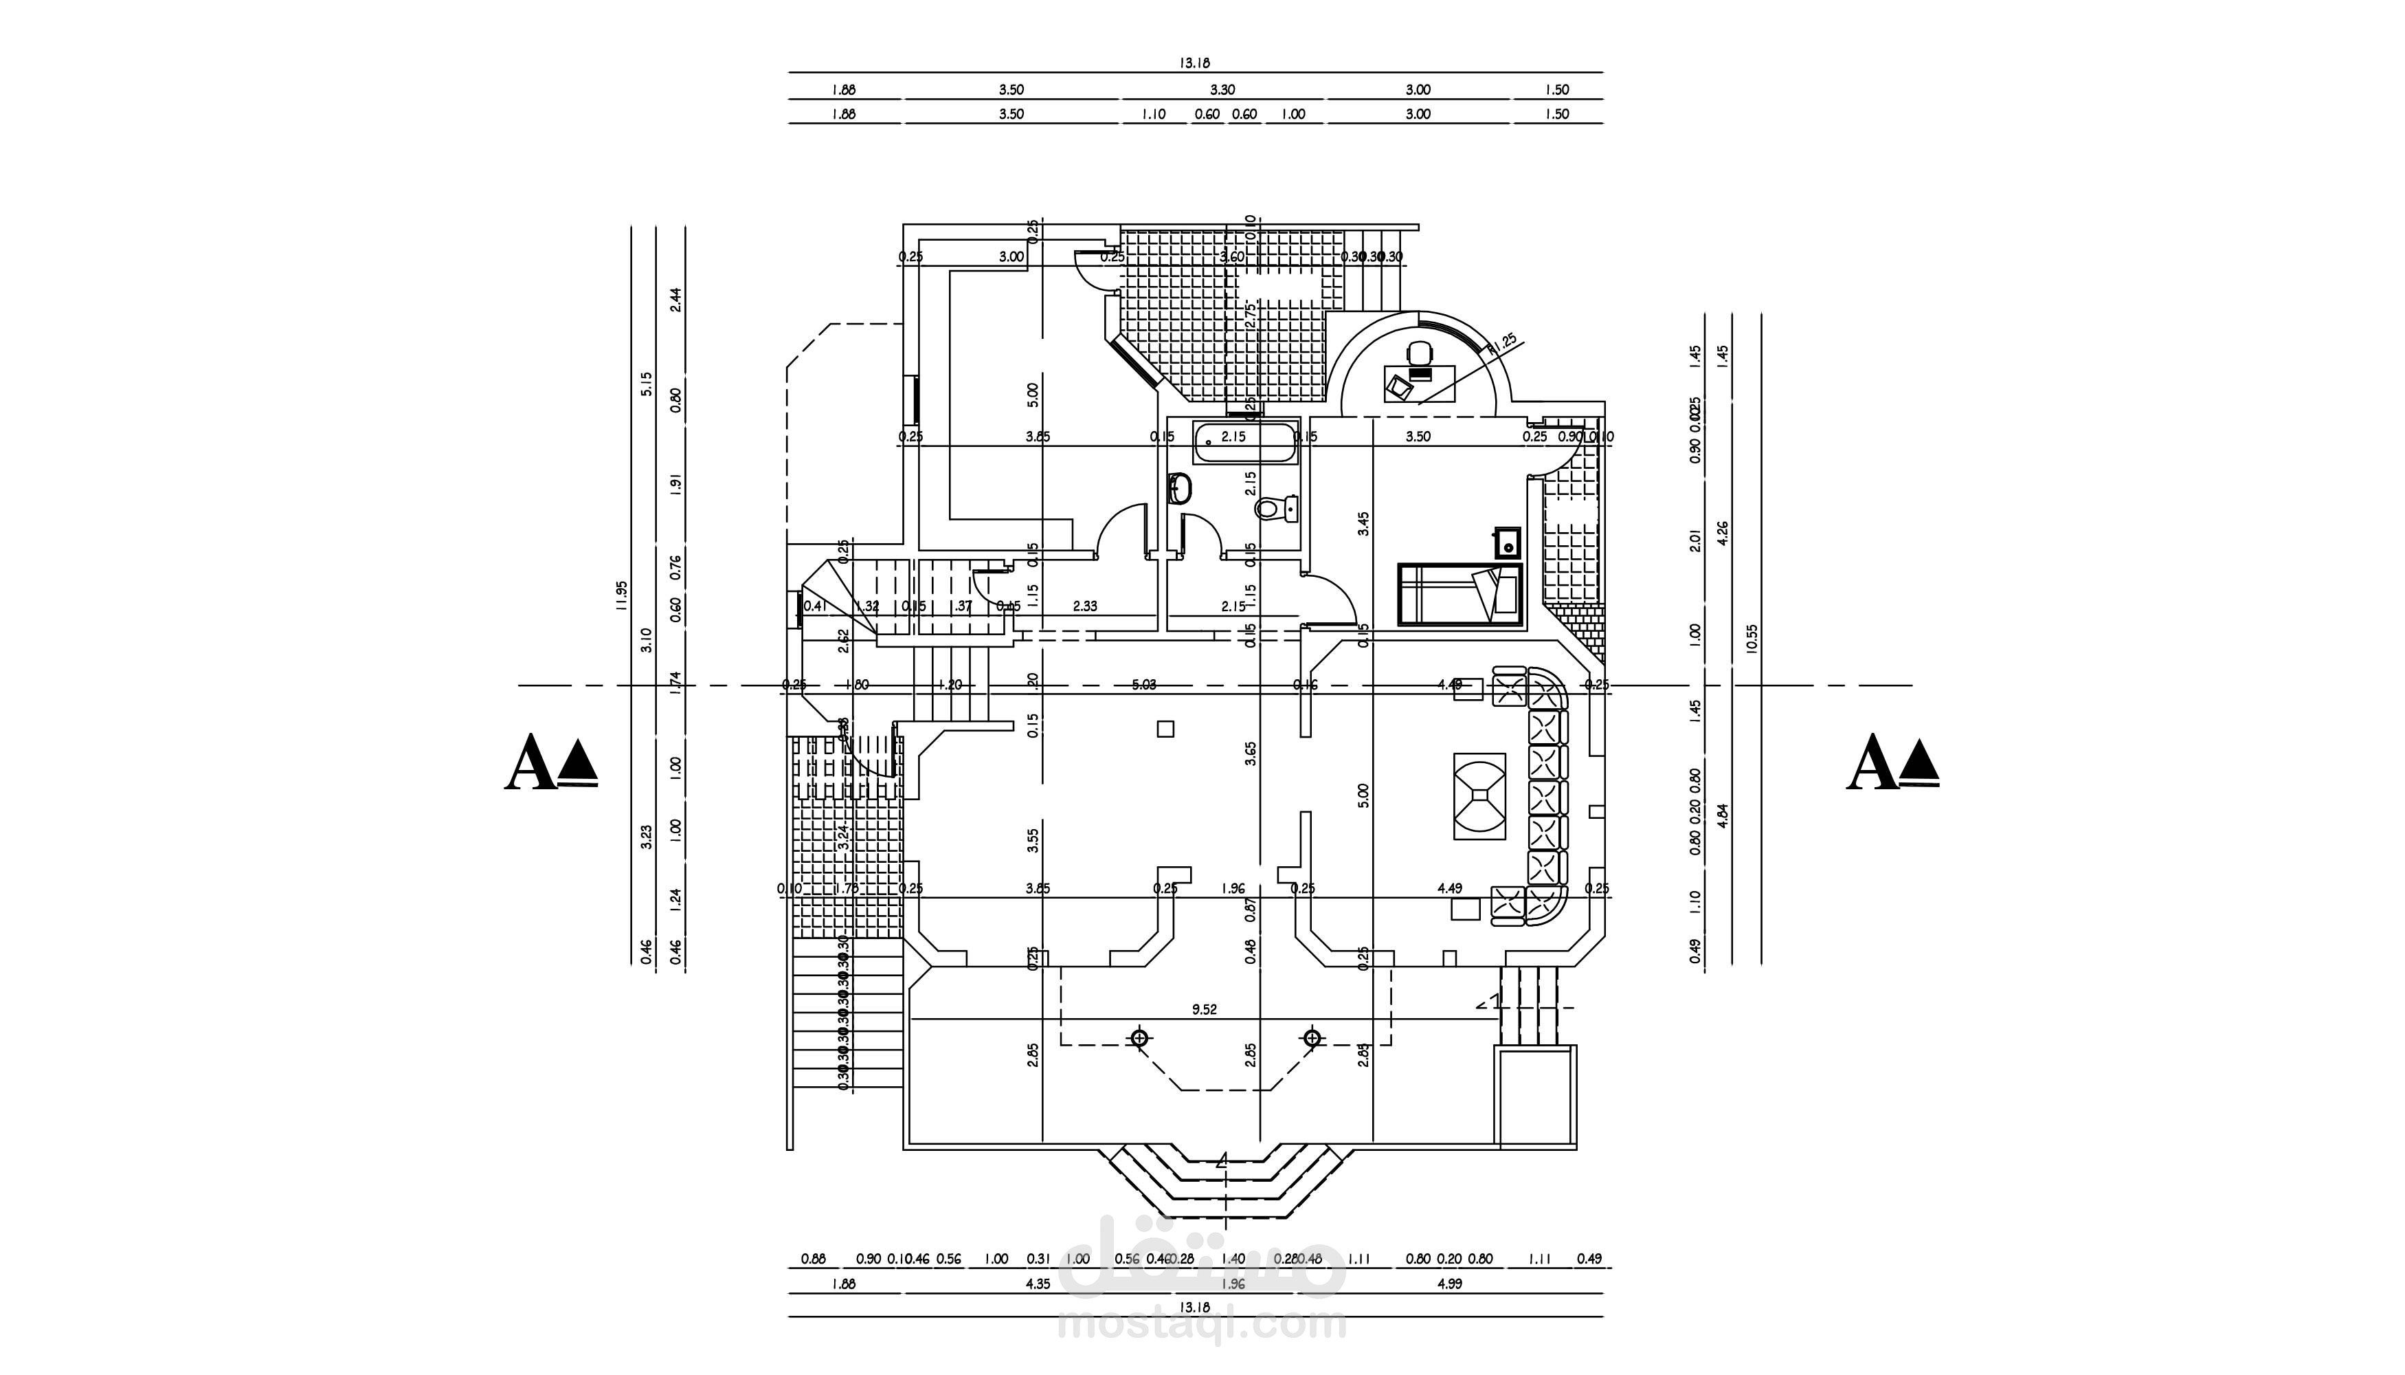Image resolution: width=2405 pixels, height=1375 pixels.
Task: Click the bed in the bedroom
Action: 1460,595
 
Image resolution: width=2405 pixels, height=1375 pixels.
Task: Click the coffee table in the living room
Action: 1479,795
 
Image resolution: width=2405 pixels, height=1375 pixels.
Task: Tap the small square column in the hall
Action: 1165,728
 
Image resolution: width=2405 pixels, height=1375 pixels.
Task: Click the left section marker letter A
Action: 530,763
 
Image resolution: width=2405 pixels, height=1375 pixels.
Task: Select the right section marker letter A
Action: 1872,763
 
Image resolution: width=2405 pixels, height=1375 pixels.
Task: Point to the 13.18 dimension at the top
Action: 1194,63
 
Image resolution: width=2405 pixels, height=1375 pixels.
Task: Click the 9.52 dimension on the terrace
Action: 1205,1009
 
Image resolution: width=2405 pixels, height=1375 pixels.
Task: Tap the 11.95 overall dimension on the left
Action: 621,597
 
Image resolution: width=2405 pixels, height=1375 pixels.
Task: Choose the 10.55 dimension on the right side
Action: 1753,639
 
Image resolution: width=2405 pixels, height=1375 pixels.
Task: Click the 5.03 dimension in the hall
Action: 1144,685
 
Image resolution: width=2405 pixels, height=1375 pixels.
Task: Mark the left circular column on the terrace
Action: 1140,1038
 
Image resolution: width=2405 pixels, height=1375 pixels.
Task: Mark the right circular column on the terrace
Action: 1312,1038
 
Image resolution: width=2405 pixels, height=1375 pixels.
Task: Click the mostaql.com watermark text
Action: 1203,1325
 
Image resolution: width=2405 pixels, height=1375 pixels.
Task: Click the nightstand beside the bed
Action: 1508,544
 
